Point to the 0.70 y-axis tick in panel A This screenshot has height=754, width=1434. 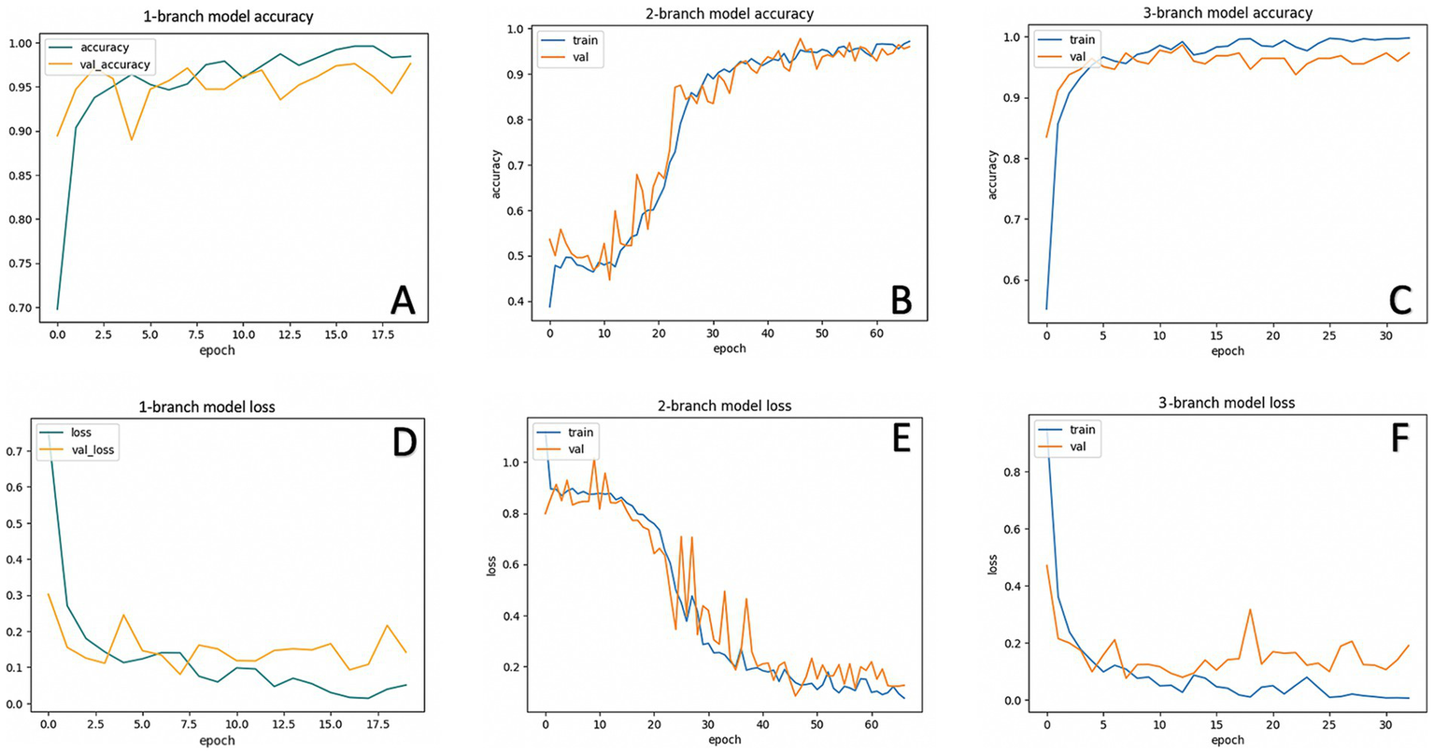tap(21, 308)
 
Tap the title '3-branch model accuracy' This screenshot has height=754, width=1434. tap(1228, 13)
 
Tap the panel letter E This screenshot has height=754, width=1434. tap(901, 439)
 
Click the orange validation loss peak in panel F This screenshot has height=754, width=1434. tap(1250, 609)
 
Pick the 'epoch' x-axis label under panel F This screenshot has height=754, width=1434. tap(1228, 740)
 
